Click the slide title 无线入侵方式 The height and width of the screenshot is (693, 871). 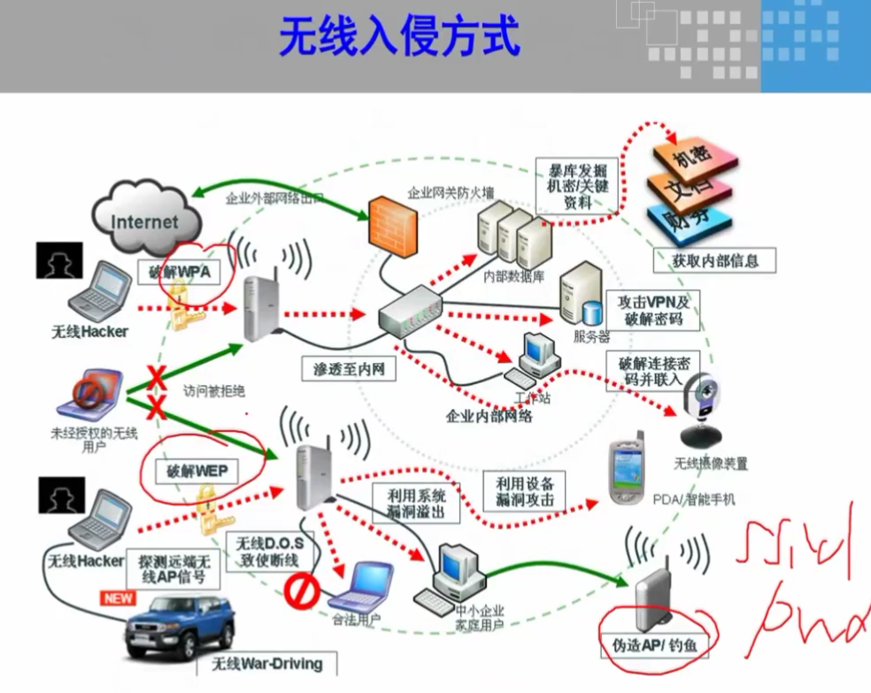[399, 37]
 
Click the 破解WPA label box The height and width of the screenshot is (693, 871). [181, 272]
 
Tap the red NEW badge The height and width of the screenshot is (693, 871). [118, 598]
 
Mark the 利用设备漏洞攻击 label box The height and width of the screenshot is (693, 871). [525, 491]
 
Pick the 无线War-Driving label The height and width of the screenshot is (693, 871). [266, 663]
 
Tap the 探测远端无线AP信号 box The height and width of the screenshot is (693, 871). [176, 568]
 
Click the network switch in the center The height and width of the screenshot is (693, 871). [410, 315]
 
